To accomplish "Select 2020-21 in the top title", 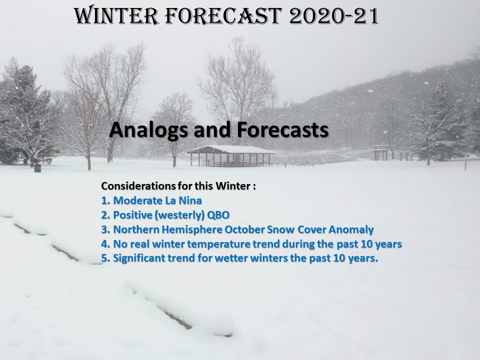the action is [333, 16].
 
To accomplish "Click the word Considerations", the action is [138, 186].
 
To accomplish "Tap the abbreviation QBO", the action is [218, 215].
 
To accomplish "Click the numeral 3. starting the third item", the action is [105, 229].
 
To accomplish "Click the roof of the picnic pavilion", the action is [230, 149].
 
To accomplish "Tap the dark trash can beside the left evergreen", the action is [37, 168].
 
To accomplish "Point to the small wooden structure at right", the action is [381, 152].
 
